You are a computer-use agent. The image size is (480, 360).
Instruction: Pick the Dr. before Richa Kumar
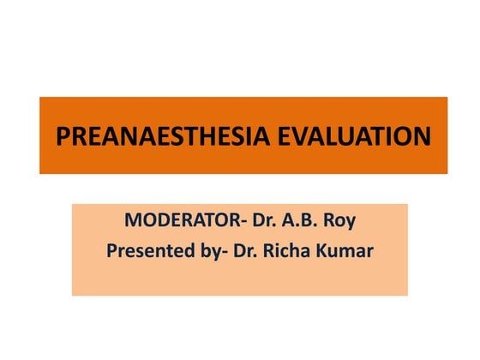(248, 251)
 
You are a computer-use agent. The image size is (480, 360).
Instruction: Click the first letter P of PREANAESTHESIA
(62, 136)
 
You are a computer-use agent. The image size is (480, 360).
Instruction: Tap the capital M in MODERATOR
(133, 219)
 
